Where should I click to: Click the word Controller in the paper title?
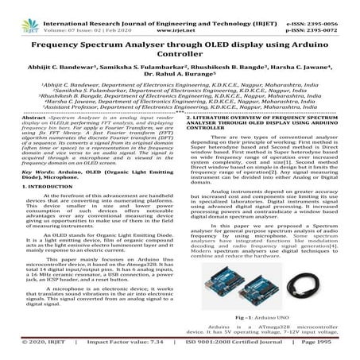click(x=180, y=56)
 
